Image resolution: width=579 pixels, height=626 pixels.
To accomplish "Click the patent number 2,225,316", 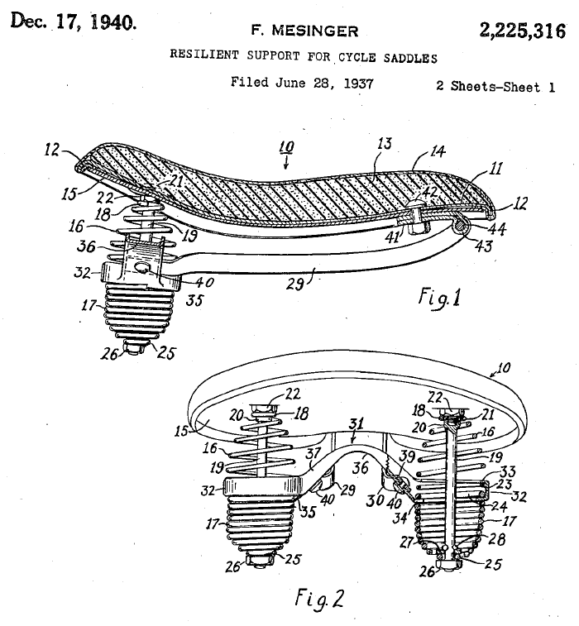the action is click(x=522, y=31).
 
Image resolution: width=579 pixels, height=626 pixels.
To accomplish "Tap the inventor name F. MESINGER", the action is click(x=304, y=31).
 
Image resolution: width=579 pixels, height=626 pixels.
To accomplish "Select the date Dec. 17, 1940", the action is click(x=74, y=22).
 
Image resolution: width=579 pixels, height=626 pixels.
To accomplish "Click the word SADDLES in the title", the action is click(x=410, y=58).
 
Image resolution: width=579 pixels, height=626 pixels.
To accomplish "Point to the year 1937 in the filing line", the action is click(x=358, y=84).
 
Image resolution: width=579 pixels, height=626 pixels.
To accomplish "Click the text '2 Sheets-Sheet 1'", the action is click(x=495, y=86).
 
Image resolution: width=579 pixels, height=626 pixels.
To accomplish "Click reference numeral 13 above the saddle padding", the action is click(x=384, y=144).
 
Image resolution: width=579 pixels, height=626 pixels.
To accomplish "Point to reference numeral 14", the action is click(x=438, y=151).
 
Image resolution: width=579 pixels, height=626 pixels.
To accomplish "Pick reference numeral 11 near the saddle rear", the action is click(x=495, y=169).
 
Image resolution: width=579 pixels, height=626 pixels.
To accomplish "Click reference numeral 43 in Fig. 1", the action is click(x=484, y=246).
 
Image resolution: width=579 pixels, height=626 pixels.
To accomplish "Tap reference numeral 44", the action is click(x=498, y=229).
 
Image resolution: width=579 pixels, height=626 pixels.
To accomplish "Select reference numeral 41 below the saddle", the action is click(x=392, y=237).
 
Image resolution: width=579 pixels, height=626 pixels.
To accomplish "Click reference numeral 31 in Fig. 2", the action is click(x=356, y=423).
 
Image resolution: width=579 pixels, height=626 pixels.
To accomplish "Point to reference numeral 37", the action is click(x=313, y=453).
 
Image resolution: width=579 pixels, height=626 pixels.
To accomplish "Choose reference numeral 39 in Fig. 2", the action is click(x=407, y=456).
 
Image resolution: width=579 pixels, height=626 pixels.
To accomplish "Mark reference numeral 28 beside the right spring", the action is click(x=497, y=539).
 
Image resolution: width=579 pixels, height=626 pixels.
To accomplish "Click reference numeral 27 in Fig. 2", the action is click(x=407, y=542).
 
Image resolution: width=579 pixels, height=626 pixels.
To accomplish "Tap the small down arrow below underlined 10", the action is click(x=285, y=163).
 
